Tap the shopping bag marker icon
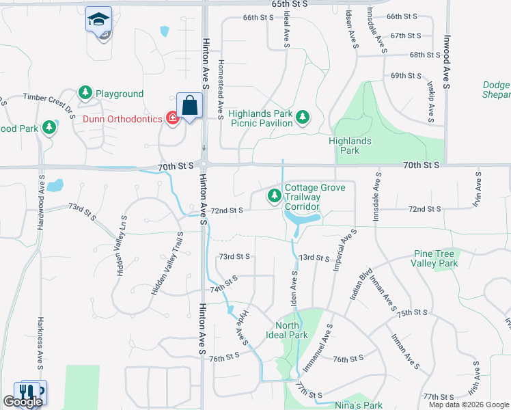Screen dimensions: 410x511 point(190,107)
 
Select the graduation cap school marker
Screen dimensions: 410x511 point(98,20)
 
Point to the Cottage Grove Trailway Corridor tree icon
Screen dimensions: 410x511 point(275,197)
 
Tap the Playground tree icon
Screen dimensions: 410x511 point(85,93)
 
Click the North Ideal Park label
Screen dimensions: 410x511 point(292,330)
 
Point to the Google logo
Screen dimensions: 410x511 point(23,402)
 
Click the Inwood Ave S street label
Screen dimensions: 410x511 point(447,62)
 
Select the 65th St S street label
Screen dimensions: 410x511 point(290,4)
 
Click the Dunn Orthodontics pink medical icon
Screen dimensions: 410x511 point(172,118)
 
